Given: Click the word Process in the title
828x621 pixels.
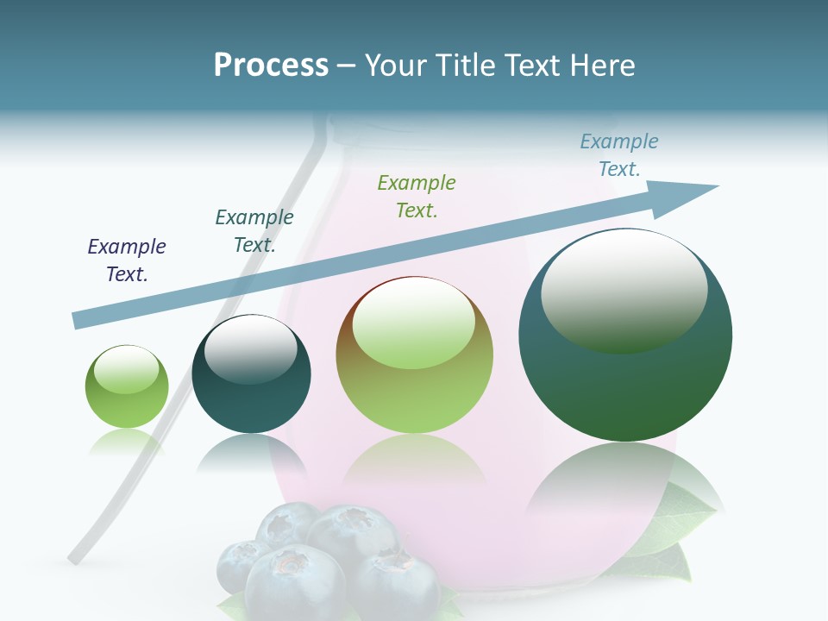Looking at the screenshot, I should click(271, 66).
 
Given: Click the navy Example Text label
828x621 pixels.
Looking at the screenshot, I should click(127, 260).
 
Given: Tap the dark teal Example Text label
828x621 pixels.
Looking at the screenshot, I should click(254, 230).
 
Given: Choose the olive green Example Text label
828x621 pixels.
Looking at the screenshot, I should click(417, 196).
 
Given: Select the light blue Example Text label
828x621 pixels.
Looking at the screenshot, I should click(619, 154).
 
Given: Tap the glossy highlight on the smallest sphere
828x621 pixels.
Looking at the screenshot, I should click(127, 369).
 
